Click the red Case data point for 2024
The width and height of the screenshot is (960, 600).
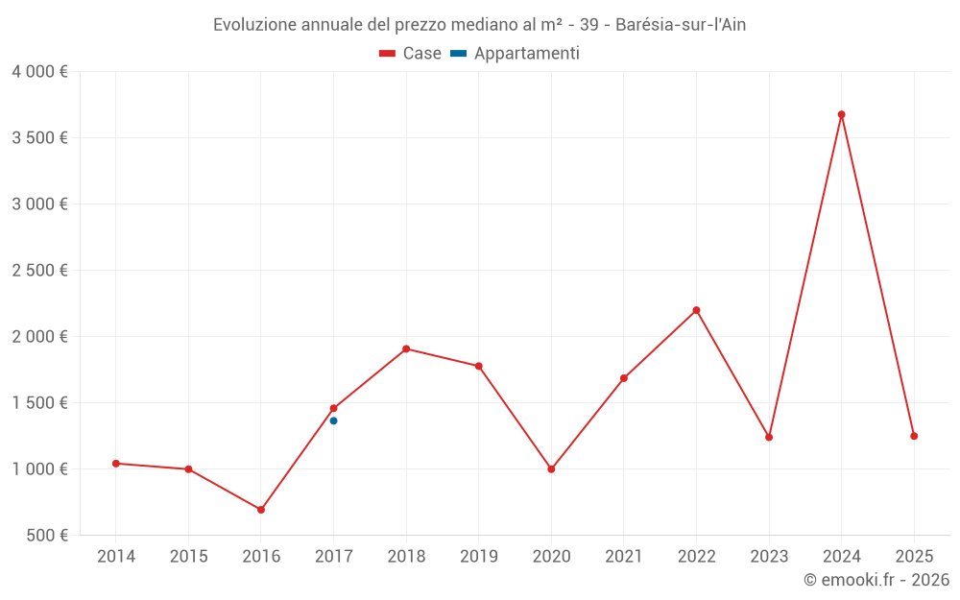point(841,114)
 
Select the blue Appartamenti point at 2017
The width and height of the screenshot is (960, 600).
point(333,420)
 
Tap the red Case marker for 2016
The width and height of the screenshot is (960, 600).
point(261,510)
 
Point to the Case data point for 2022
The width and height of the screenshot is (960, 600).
point(696,310)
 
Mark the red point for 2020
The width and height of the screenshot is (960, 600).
point(551,469)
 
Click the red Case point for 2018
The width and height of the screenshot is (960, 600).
point(406,348)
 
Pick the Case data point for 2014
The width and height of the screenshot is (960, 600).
point(116,464)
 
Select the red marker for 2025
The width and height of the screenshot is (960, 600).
point(914,436)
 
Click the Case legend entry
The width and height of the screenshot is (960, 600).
point(410,54)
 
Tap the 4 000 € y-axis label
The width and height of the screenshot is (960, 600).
point(39,71)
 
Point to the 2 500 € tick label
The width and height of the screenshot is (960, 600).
point(39,270)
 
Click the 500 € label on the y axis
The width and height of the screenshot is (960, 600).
point(45,535)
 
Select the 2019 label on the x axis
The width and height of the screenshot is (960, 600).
point(478,557)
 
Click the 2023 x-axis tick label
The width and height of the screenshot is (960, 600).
point(769,557)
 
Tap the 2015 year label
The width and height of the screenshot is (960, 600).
point(188,557)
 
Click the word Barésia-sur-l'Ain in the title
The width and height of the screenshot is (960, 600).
point(681,25)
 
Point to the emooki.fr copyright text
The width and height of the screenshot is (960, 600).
point(876,580)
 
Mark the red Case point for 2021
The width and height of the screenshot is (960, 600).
point(624,378)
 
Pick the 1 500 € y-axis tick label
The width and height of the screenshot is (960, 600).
point(39,402)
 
